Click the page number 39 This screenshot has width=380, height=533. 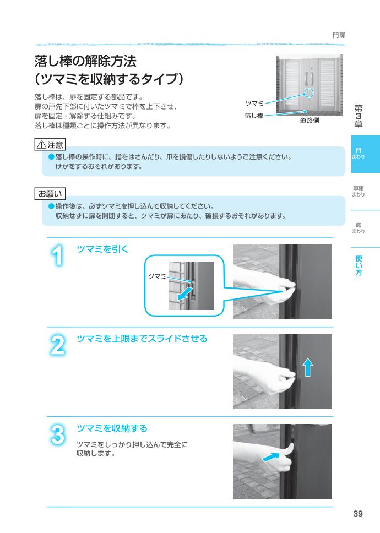[357, 514]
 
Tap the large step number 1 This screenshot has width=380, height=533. [59, 257]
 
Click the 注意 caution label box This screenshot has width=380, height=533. [50, 145]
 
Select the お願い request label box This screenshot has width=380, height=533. [50, 193]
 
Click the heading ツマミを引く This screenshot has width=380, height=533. [102, 249]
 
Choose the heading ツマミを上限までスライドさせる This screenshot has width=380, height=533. [142, 339]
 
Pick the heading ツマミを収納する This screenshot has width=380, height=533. [112, 427]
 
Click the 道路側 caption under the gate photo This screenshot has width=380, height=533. [309, 121]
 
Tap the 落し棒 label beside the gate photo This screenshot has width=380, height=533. [253, 116]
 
